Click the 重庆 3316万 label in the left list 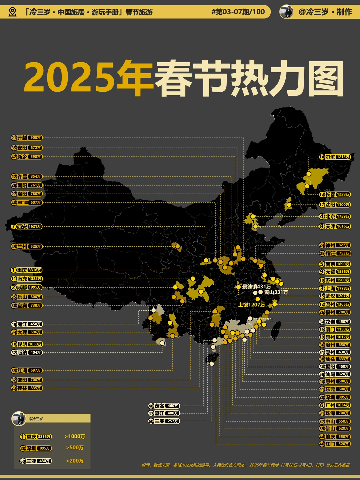[x=26, y=270]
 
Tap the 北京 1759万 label [x=335, y=216]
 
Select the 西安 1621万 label [x=26, y=226]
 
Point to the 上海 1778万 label [x=335, y=288]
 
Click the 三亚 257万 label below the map [x=164, y=421]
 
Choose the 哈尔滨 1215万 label [x=335, y=157]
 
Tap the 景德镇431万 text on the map [x=256, y=287]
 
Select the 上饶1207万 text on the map [x=252, y=305]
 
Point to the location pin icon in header [x=12, y=12]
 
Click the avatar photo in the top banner [x=286, y=12]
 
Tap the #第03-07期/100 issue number [x=238, y=12]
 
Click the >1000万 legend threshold [x=75, y=436]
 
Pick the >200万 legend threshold [x=75, y=461]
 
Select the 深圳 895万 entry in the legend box [x=36, y=448]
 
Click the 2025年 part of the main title [x=88, y=77]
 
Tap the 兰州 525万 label [x=26, y=247]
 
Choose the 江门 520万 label [x=335, y=444]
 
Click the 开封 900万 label [x=26, y=138]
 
